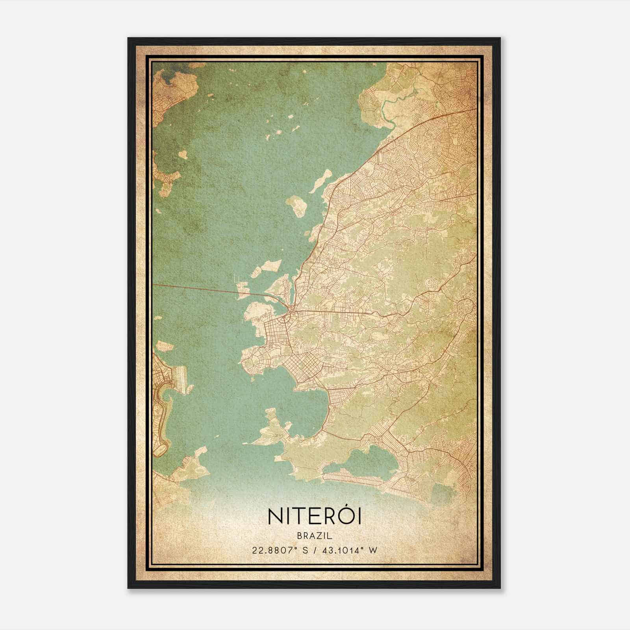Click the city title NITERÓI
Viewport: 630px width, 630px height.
pyautogui.click(x=315, y=517)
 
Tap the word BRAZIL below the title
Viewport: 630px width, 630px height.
pyautogui.click(x=315, y=536)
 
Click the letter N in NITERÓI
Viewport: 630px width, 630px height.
pyautogui.click(x=276, y=517)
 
